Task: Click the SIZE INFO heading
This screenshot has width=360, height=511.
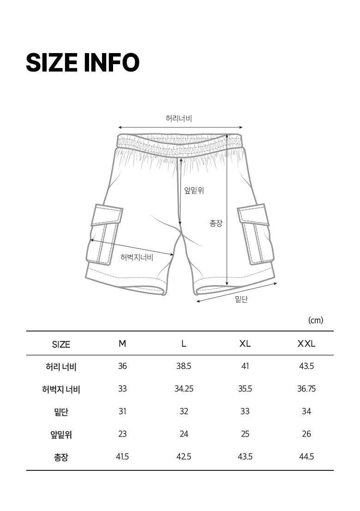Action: pos(83,63)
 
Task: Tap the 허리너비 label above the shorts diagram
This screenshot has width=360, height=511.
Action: pos(179,118)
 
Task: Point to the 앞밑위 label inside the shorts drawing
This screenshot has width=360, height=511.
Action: pos(194,190)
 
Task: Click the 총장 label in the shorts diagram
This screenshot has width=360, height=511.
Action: pos(216,223)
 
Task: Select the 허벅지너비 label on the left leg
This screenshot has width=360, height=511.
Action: pos(137,258)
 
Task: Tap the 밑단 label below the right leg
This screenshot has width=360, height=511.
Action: pos(241,299)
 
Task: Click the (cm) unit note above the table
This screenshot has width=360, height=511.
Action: pos(315,320)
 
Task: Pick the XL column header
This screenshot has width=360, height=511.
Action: pos(245,344)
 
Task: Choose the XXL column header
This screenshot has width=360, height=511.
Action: pos(306,344)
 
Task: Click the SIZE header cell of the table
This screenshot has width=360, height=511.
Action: pos(61,344)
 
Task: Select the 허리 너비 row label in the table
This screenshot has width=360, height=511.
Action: pos(61,367)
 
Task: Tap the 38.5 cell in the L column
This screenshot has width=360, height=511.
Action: pos(184,367)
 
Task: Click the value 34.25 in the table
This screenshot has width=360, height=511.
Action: pos(184,389)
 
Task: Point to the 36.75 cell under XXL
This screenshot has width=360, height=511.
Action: pos(306,389)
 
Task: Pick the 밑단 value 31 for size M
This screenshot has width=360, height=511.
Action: pos(122,411)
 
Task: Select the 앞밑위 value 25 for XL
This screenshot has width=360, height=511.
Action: pos(245,434)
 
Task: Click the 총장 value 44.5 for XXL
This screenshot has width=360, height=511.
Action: pos(306,457)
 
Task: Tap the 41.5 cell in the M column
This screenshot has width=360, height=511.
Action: pos(122,457)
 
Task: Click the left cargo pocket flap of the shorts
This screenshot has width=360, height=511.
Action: pos(107,215)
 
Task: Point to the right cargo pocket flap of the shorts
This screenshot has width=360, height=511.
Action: pos(253,215)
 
